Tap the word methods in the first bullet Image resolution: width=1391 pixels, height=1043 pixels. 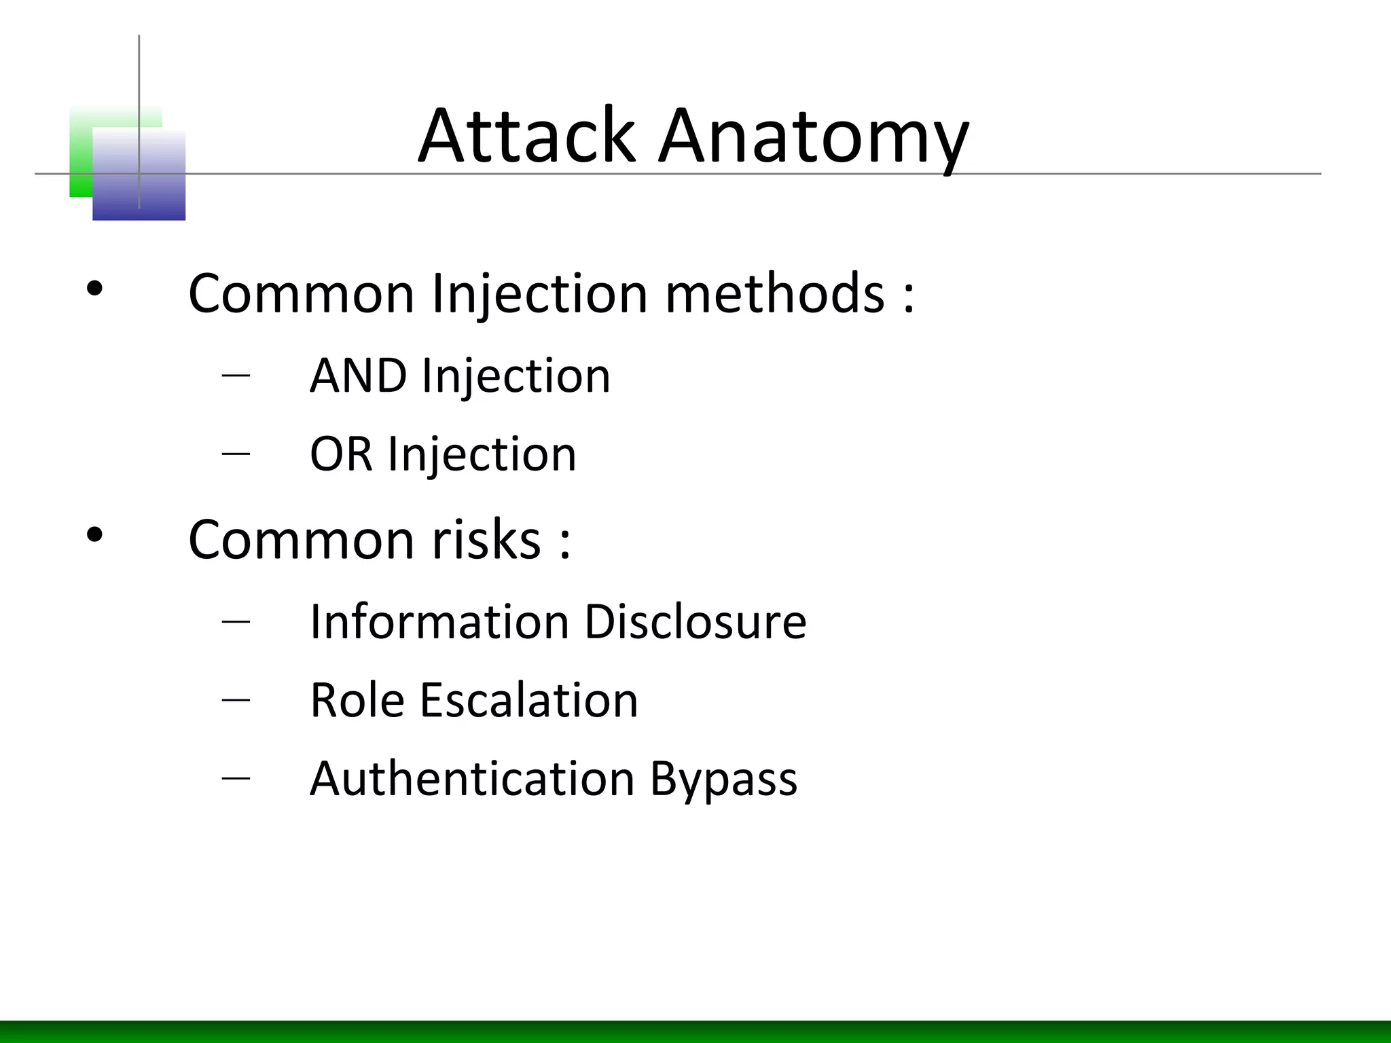(x=774, y=293)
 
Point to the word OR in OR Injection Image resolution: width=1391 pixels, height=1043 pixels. (x=341, y=454)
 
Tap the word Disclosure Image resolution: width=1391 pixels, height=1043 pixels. (x=695, y=621)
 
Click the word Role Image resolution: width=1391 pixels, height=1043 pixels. (x=357, y=700)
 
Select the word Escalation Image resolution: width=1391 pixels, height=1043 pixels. (x=529, y=700)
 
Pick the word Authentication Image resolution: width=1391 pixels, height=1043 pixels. (x=472, y=778)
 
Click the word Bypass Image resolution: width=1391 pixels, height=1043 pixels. (x=723, y=780)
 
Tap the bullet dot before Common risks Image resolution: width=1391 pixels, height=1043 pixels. (x=94, y=536)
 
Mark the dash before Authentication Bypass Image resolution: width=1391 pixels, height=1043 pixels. (x=235, y=777)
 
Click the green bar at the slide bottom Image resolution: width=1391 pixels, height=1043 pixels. (x=695, y=1031)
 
